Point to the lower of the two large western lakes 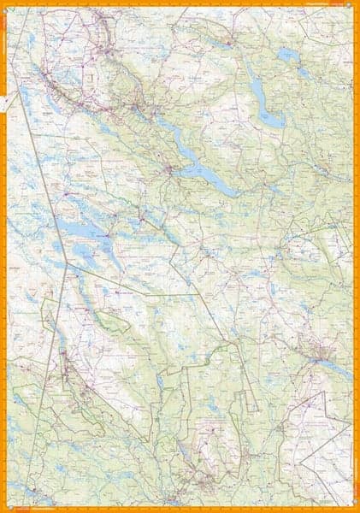point(86,252)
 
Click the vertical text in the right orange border point(357,256)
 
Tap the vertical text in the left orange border point(3,256)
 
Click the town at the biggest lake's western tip point(171,168)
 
